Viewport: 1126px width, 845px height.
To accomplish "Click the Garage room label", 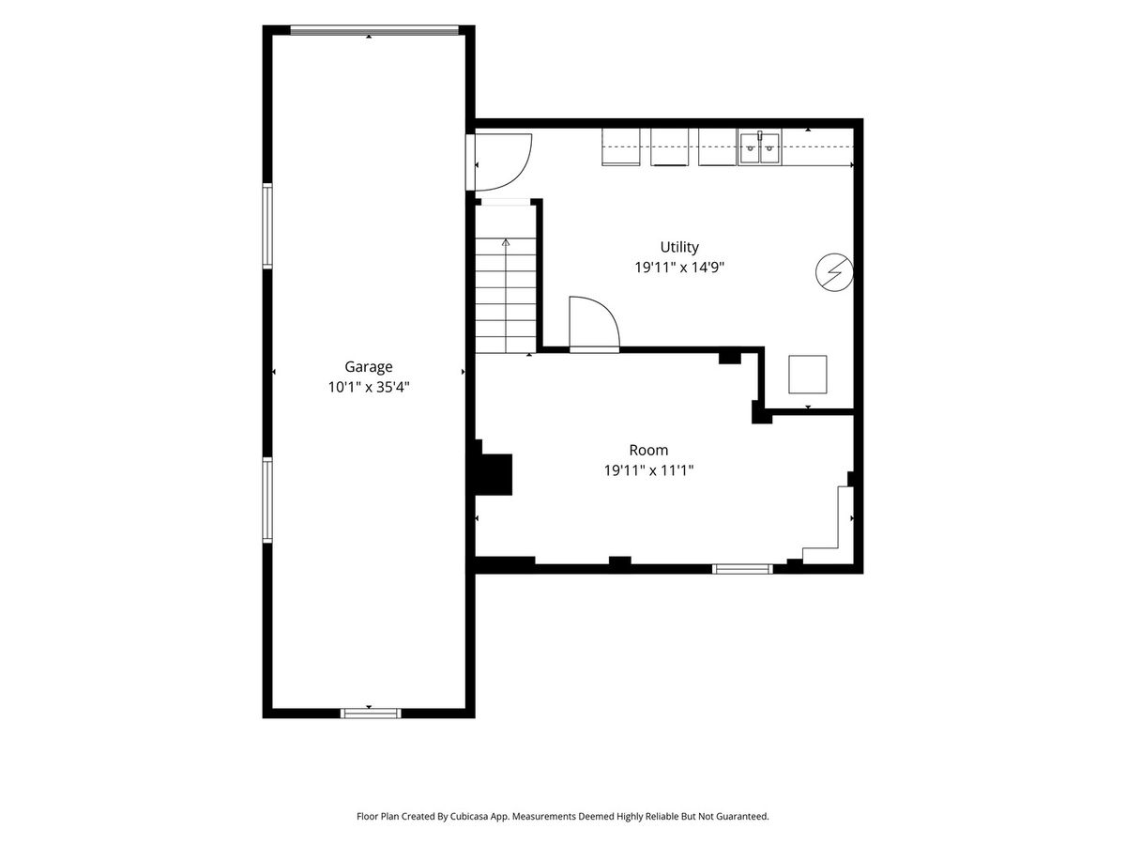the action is [x=369, y=367].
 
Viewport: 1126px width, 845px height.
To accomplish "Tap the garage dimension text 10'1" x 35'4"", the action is [x=369, y=387].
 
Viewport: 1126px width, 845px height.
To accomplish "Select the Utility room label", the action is [x=679, y=247].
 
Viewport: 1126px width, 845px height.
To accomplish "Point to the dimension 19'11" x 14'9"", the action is [x=679, y=268].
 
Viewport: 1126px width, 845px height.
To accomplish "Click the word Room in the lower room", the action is [x=648, y=450].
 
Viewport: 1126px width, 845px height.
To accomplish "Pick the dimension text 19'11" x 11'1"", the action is [x=648, y=470].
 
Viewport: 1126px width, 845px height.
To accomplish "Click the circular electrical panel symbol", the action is [x=834, y=272].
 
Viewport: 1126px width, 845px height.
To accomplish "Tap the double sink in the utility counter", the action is [x=760, y=147].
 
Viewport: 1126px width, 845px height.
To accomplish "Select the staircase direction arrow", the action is [x=507, y=296].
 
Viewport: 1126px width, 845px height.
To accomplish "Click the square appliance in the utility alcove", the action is [x=808, y=375].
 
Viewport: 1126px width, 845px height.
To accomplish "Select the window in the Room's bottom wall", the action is [x=742, y=568].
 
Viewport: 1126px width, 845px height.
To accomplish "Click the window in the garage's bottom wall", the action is [x=371, y=714].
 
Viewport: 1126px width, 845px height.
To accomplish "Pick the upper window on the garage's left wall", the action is [x=266, y=225].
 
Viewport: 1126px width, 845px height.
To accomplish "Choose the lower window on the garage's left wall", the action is [x=266, y=499].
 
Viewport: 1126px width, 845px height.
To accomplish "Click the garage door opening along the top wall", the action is [x=374, y=30].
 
